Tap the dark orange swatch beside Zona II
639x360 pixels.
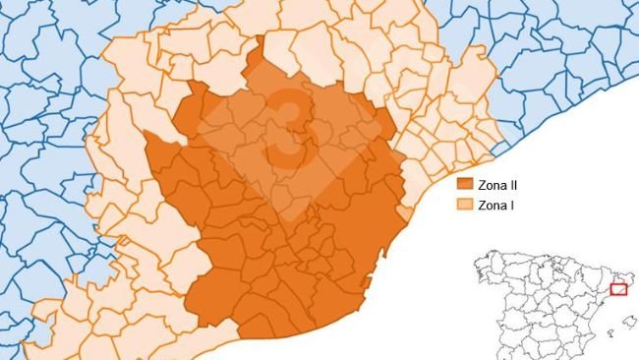(x=466, y=184)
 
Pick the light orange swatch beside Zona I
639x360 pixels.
(x=466, y=206)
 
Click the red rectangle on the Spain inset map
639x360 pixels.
(x=618, y=289)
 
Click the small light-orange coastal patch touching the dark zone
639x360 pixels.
(x=405, y=213)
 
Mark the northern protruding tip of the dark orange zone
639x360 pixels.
(x=260, y=49)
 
